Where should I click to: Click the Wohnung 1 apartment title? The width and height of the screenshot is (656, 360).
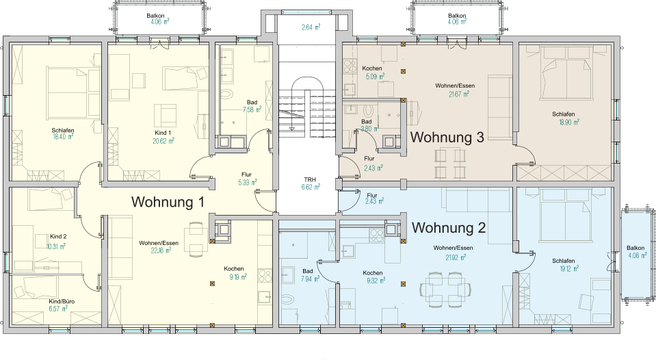point(168,202)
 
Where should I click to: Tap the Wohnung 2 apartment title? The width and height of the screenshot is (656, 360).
point(449,228)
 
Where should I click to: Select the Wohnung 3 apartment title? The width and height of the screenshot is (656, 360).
point(447,138)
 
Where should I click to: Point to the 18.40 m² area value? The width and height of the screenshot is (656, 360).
point(63,136)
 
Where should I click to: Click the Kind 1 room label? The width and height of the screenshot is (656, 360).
point(163,133)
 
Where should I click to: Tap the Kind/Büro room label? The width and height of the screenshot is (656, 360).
point(62,301)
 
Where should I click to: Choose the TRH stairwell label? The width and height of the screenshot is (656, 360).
point(310,179)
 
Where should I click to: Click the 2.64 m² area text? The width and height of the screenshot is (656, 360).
point(311,27)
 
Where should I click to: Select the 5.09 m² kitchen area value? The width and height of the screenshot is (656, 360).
point(375,77)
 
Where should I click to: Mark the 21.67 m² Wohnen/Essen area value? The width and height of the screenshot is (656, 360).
point(458,94)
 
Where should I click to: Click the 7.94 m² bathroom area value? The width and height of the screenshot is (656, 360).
point(310,279)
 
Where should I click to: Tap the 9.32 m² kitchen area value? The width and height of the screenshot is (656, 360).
point(376,281)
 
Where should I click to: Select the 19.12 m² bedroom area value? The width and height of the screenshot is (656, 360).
point(568,269)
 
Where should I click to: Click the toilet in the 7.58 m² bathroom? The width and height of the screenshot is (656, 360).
point(227,94)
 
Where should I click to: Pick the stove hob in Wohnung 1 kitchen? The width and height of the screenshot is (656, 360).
point(265,276)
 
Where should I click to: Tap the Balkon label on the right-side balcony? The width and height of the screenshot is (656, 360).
point(635,248)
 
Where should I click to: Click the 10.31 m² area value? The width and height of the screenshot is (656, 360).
point(56,246)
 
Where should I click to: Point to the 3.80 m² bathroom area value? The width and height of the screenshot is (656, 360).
point(369,129)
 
